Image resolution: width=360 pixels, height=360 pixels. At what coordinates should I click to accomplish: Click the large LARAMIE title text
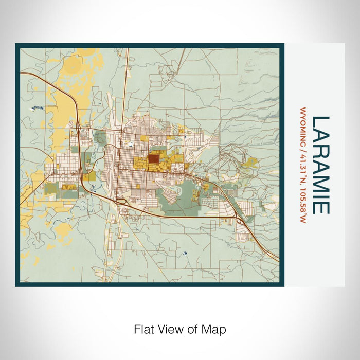320,165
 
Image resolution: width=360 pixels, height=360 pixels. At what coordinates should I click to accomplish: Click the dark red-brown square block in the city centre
154,159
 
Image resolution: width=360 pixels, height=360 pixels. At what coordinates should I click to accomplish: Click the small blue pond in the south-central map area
184,253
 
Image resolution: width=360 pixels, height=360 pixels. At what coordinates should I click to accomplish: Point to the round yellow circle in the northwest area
74,64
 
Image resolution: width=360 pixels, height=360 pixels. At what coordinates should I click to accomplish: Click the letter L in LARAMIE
320,122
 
